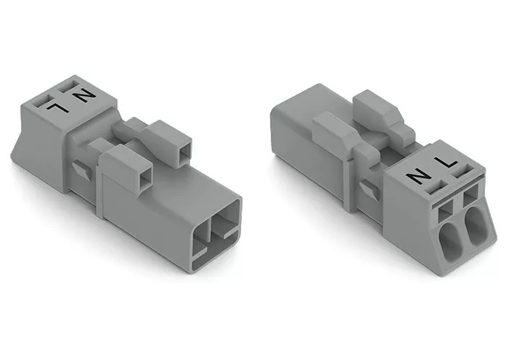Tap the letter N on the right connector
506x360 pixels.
(x=418, y=178)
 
